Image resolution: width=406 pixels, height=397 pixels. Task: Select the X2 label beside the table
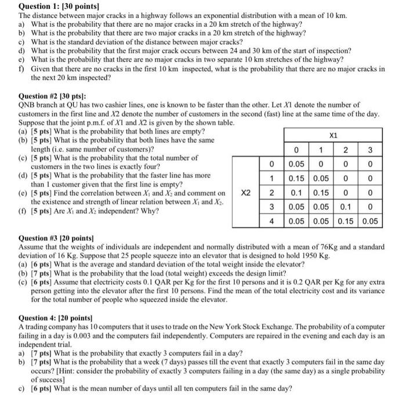coord(247,192)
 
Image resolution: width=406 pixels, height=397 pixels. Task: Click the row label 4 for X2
coord(271,221)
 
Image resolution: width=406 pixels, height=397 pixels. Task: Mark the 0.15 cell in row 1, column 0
coord(298,178)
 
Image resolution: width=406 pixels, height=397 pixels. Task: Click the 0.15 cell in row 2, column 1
coord(322,192)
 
